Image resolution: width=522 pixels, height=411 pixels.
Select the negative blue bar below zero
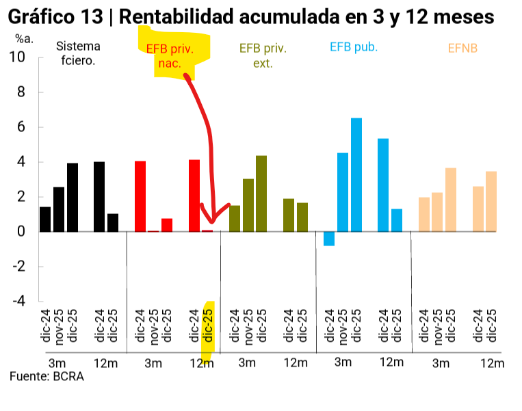click(329, 239)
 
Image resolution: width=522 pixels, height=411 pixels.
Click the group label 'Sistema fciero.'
click(78, 53)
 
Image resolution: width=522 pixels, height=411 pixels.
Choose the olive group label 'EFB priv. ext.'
click(263, 55)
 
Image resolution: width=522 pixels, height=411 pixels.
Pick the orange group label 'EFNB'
click(462, 49)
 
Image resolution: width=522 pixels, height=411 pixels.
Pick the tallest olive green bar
click(261, 194)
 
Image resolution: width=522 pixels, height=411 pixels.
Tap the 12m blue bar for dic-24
click(383, 185)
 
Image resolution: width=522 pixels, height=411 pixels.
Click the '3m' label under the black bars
click(57, 362)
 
